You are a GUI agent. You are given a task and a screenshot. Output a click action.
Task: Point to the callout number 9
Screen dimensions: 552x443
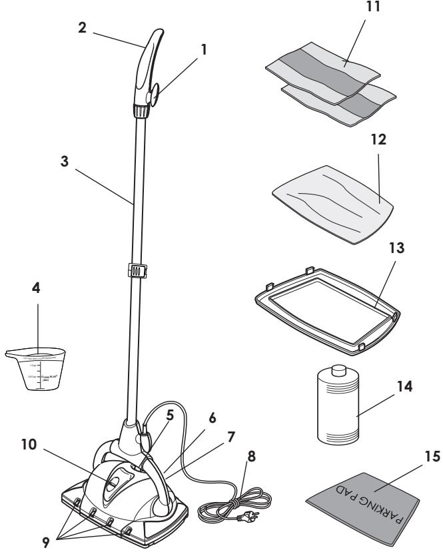[47, 541]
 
